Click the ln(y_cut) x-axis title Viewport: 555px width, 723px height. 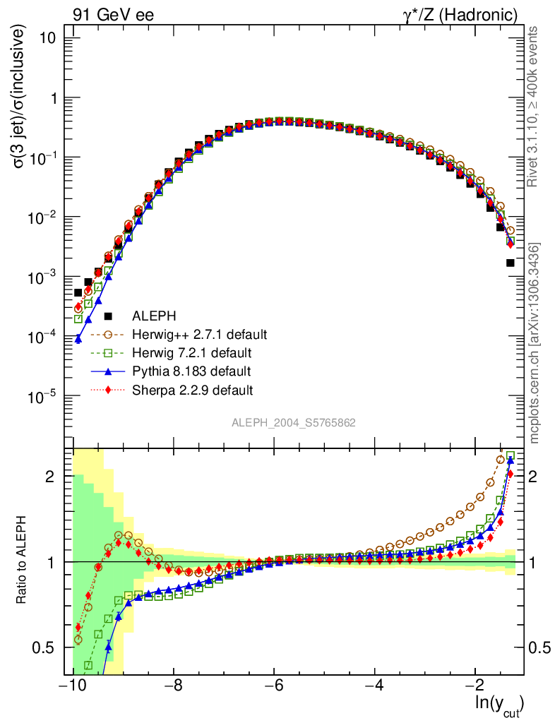point(499,703)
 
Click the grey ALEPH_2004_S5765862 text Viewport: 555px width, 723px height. point(294,423)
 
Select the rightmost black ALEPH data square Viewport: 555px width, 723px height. point(511,263)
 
